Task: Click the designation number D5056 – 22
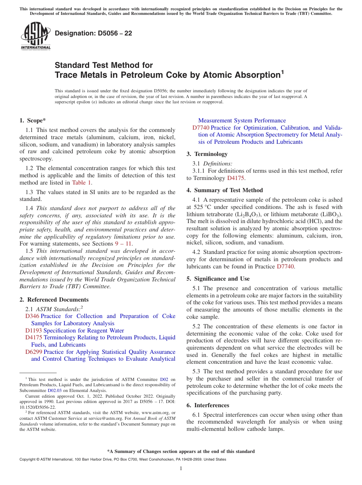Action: [x=93, y=34]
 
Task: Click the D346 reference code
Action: [x=32, y=316]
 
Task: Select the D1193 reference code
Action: [x=34, y=331]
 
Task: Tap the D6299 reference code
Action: [x=34, y=352]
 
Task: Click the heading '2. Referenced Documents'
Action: [x=54, y=300]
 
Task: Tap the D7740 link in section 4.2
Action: [x=285, y=267]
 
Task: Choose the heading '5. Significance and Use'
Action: [x=218, y=279]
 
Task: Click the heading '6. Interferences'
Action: [x=208, y=405]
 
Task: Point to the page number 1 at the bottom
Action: [x=181, y=468]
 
